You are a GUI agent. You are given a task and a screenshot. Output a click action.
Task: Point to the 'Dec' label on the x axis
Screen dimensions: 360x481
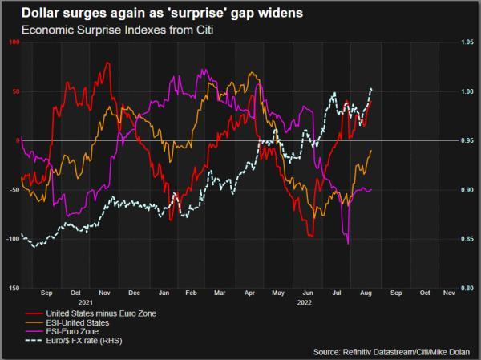pos(134,293)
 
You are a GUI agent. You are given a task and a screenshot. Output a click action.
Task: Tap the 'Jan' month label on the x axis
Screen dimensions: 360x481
pos(164,293)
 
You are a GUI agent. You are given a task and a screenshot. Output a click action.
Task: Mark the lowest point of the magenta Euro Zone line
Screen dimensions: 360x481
pos(347,243)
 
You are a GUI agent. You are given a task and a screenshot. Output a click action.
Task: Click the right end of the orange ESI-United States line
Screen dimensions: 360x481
pos(371,151)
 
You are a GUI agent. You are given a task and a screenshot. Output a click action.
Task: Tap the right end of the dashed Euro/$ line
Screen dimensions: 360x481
pos(371,88)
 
